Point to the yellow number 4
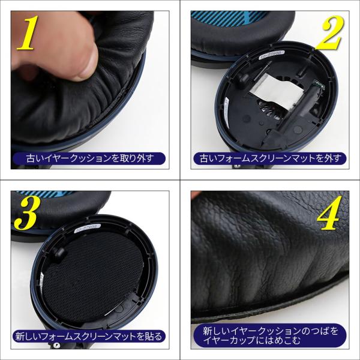tap(329, 213)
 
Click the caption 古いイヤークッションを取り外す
tap(89, 158)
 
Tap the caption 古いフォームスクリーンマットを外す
tap(270, 158)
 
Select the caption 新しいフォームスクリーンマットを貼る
tap(89, 337)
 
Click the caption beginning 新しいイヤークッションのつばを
tap(271, 335)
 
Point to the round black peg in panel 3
tap(60, 253)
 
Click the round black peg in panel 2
tap(243, 79)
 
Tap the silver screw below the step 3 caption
tap(56, 345)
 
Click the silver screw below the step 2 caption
tap(236, 166)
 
